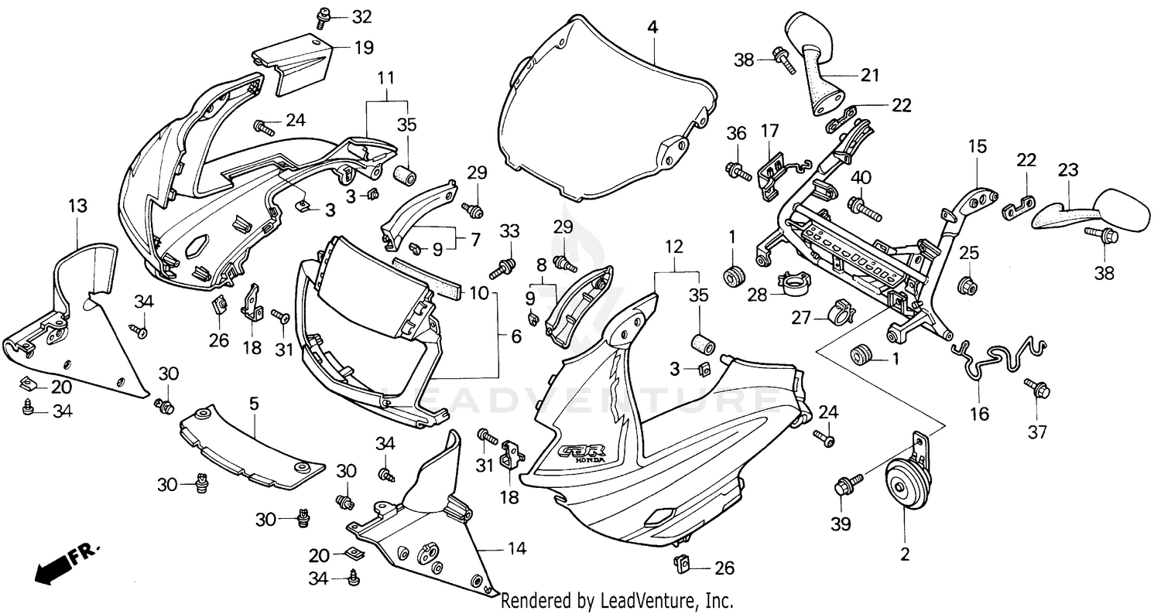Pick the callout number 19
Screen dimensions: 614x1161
(363, 48)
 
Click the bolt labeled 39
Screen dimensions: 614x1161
(844, 489)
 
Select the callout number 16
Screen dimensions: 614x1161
(979, 414)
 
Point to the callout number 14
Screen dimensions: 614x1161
(517, 548)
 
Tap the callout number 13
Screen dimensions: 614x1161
(77, 206)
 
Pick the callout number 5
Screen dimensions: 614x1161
(253, 402)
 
